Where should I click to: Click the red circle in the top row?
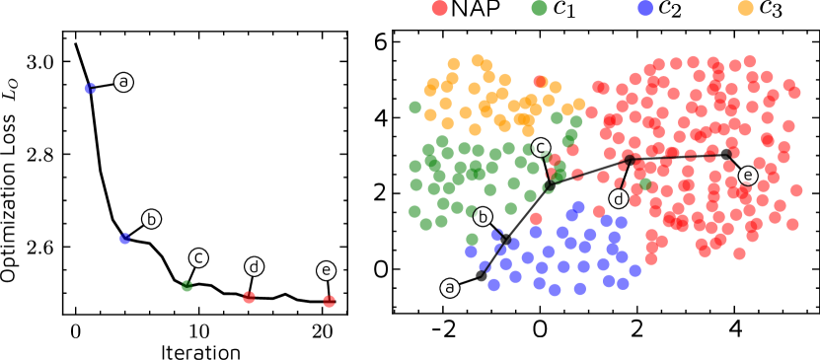point(439,8)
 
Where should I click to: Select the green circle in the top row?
point(539,8)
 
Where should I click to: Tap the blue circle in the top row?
point(645,8)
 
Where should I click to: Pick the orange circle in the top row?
point(745,8)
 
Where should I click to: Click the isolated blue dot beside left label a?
point(90,89)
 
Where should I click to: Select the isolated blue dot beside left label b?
point(125,239)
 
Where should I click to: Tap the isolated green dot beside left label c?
point(186,286)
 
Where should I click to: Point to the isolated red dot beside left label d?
point(249,297)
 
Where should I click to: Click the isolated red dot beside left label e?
point(329,301)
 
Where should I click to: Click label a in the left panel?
point(123,82)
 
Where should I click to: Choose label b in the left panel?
point(151,219)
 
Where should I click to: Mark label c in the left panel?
point(198,257)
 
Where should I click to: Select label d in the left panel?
point(254,266)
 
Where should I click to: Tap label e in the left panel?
point(326,270)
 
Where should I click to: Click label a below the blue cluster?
point(450,288)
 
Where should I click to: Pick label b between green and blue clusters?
point(483,216)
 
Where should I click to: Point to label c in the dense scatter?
point(541,147)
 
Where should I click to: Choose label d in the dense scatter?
point(619,198)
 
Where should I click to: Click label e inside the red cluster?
point(748,176)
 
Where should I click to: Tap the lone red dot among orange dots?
point(540,82)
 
